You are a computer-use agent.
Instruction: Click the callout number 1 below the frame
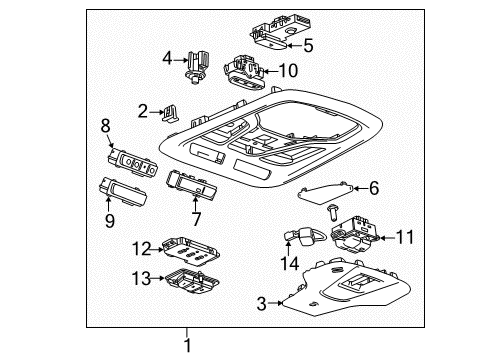pyautogui.click(x=186, y=346)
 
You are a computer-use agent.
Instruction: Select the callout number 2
pyautogui.click(x=144, y=110)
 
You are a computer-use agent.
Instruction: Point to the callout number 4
pyautogui.click(x=168, y=57)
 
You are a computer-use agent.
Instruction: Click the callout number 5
pyautogui.click(x=309, y=44)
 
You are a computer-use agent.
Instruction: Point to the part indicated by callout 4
pyautogui.click(x=194, y=62)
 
